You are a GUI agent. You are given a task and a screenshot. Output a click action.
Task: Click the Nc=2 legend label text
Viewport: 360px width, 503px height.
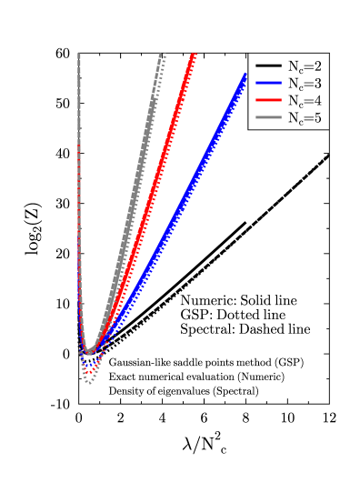point(304,66)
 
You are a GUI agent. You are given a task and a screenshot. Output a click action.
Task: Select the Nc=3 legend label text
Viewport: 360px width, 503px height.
point(304,84)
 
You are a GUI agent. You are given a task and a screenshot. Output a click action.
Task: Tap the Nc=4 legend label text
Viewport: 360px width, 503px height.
point(304,101)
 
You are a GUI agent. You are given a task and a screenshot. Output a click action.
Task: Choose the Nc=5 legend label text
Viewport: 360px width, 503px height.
point(304,118)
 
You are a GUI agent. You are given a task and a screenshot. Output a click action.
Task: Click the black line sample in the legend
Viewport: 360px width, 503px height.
point(268,66)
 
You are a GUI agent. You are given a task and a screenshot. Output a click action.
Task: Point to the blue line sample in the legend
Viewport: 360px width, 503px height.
point(268,84)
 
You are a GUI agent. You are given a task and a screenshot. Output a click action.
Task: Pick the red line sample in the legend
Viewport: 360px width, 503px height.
point(268,101)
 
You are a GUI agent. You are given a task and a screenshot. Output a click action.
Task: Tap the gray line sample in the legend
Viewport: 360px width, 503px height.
point(268,118)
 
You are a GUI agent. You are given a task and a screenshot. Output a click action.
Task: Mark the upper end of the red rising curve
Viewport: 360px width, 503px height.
point(194,55)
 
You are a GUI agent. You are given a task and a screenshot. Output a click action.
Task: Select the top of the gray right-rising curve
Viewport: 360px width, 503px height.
point(161,55)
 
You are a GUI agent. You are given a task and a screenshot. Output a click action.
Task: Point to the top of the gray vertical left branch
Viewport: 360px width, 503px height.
point(79,55)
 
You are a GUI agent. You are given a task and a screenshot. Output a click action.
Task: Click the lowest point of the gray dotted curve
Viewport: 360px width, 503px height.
point(88,382)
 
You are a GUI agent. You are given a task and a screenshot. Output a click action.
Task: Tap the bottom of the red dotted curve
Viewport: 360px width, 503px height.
point(88,372)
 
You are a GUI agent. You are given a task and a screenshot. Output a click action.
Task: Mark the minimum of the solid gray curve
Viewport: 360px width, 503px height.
point(89,351)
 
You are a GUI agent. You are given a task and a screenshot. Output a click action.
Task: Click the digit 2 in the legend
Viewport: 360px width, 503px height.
point(317,66)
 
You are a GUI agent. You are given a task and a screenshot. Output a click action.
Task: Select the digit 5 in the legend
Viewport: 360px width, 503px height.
point(317,118)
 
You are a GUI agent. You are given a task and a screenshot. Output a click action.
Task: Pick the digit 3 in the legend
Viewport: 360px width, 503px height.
point(317,84)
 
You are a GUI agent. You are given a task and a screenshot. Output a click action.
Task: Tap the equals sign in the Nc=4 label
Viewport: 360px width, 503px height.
point(308,101)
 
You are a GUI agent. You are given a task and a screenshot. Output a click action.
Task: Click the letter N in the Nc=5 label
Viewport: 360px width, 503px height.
point(293,118)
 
